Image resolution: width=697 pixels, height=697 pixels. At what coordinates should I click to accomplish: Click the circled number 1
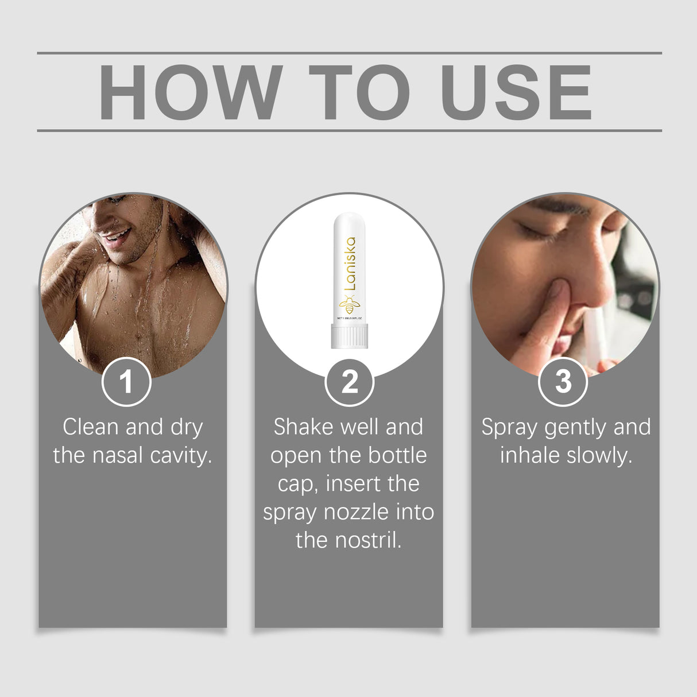point(126,382)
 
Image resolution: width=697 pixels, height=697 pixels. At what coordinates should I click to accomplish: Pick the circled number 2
point(349,382)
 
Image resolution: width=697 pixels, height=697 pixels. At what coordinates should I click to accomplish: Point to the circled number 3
point(563,381)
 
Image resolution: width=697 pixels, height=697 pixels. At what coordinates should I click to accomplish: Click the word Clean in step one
point(91,427)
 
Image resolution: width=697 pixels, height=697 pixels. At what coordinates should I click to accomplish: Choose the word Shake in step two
point(303,427)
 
